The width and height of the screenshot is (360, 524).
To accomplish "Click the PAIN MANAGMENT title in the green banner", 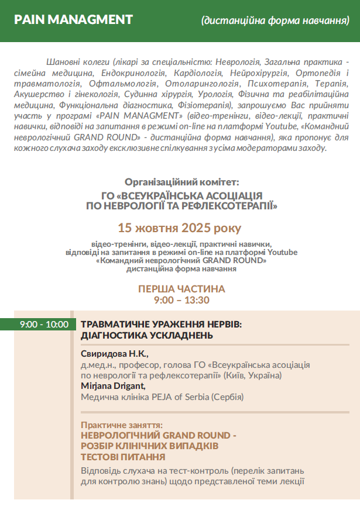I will pyautogui.click(x=73, y=20).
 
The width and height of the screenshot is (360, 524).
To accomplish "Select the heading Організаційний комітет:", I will pyautogui.click(x=182, y=182).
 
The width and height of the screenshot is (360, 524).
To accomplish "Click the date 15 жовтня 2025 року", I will pyautogui.click(x=179, y=227).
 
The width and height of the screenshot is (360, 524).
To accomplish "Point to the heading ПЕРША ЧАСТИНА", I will pyautogui.click(x=181, y=289).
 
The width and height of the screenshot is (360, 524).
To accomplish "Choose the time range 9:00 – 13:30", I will pyautogui.click(x=181, y=300).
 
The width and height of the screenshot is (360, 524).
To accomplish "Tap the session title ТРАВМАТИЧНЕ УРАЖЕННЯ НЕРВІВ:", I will pyautogui.click(x=161, y=324).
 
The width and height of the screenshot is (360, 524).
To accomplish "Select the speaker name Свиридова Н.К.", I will pyautogui.click(x=115, y=354).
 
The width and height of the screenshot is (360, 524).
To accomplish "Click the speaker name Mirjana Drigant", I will pyautogui.click(x=112, y=386).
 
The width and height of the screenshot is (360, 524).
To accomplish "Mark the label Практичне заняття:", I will pyautogui.click(x=121, y=425).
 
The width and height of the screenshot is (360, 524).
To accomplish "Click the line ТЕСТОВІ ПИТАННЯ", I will pyautogui.click(x=123, y=457).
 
